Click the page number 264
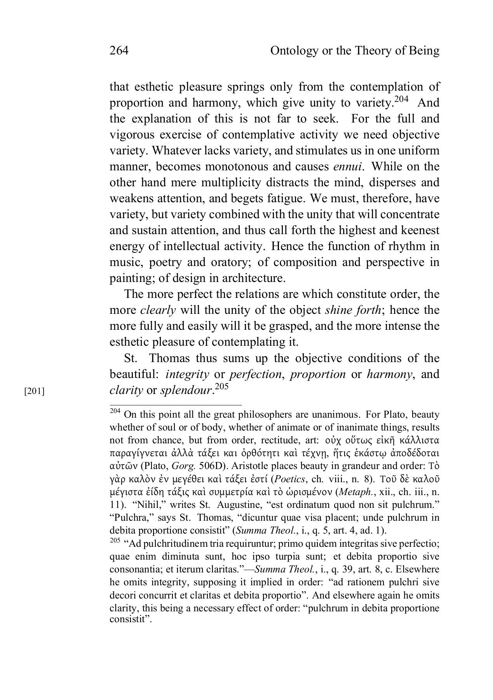tap(119, 51)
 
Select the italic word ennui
tap(348, 167)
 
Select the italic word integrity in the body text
tap(187, 374)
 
